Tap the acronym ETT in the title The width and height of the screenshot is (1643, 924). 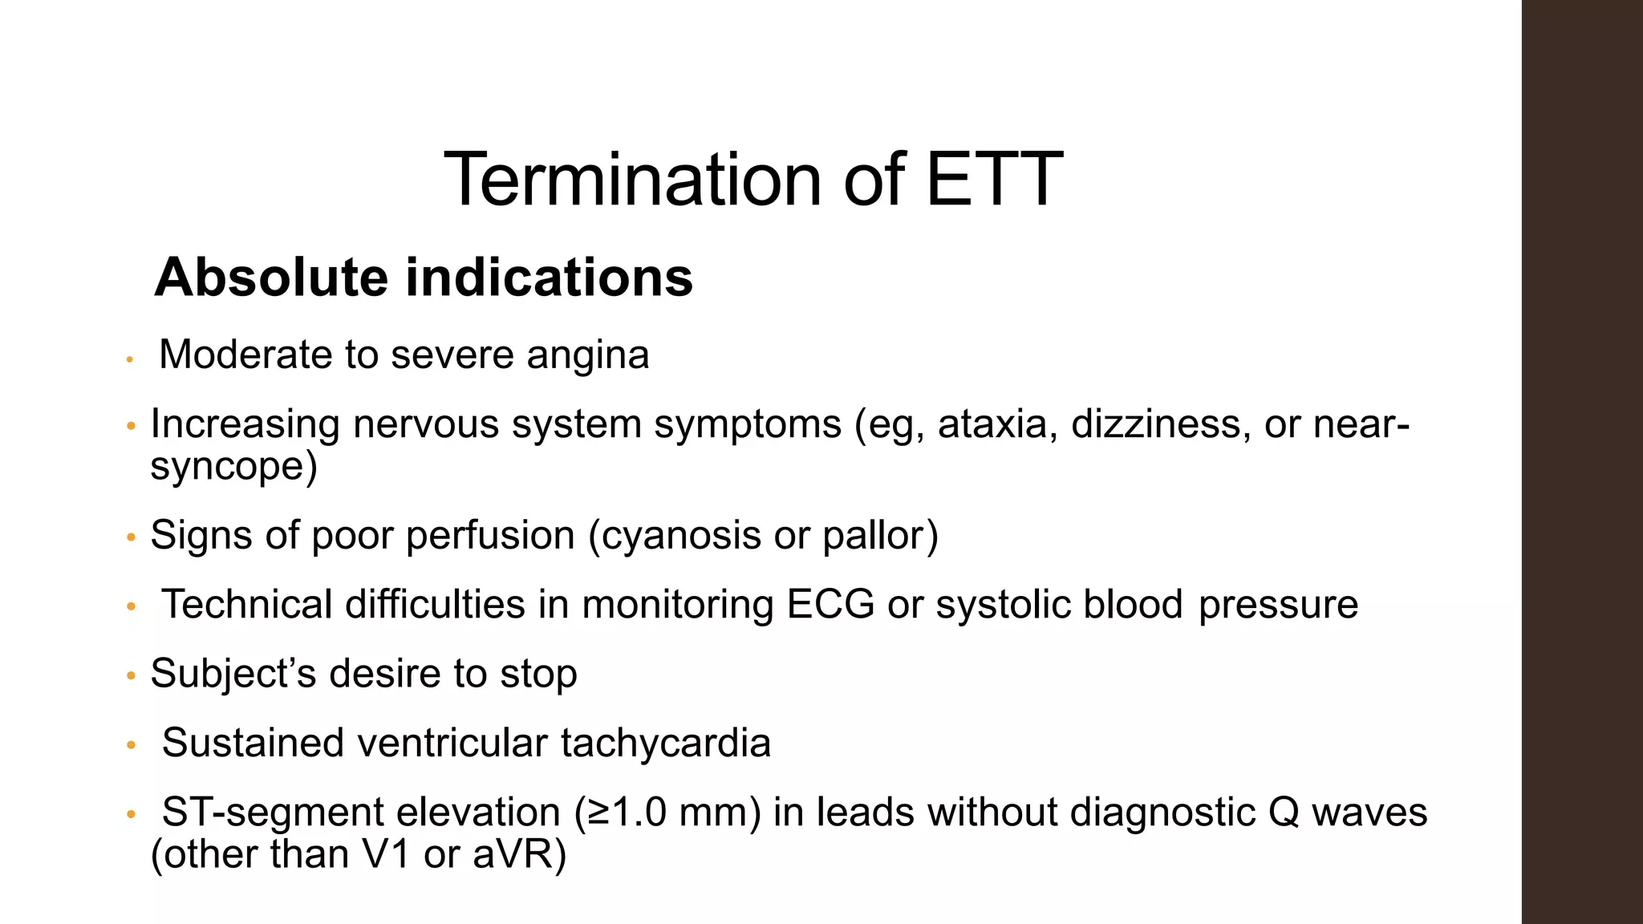tap(994, 180)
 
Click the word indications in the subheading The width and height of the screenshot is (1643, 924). tap(549, 278)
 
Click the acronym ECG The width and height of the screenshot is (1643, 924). tap(830, 604)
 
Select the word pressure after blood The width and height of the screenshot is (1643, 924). tap(1278, 604)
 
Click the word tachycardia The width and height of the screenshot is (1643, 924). tap(665, 743)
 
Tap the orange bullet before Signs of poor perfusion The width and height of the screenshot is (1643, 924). tap(132, 537)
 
